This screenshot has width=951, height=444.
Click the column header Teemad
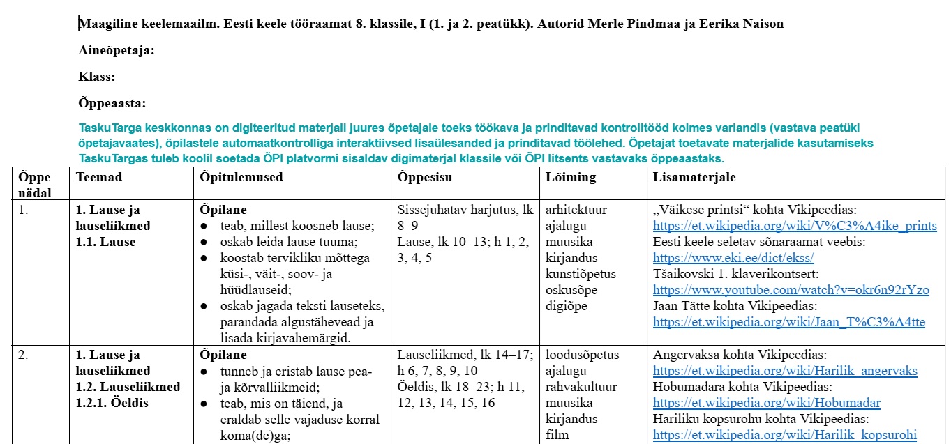(x=99, y=177)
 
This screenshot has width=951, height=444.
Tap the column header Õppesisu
(x=425, y=177)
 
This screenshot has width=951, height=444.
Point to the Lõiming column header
(x=571, y=177)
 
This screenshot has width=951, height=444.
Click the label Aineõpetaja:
(x=117, y=50)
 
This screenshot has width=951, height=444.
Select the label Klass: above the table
(x=97, y=77)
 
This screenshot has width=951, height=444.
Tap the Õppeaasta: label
(x=112, y=103)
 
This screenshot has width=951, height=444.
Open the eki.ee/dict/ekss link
(x=733, y=258)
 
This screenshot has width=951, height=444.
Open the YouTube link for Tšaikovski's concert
(x=791, y=290)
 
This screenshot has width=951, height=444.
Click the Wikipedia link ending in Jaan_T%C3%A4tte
(x=789, y=322)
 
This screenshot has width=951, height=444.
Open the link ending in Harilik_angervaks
(x=785, y=371)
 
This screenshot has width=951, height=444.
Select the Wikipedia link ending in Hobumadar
(x=767, y=403)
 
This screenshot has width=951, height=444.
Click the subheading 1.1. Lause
(x=106, y=242)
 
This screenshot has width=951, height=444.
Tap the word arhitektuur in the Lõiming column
(x=576, y=210)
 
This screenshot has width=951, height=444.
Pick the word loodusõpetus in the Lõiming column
(x=582, y=355)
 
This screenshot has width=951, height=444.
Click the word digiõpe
(x=567, y=306)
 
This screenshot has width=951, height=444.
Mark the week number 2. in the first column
(x=24, y=355)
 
